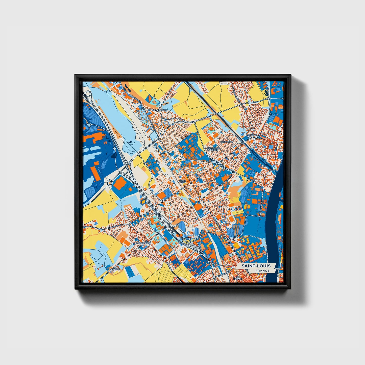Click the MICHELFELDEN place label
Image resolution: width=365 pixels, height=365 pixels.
tap(160, 110)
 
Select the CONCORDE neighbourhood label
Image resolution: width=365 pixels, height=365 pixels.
tap(226, 142)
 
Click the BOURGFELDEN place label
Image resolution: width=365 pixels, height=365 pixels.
tap(143, 243)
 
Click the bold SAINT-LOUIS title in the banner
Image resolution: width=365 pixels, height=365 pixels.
tap(256, 266)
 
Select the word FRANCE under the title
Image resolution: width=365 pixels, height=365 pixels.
tap(262, 271)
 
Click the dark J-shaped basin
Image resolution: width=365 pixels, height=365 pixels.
tap(265, 93)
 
